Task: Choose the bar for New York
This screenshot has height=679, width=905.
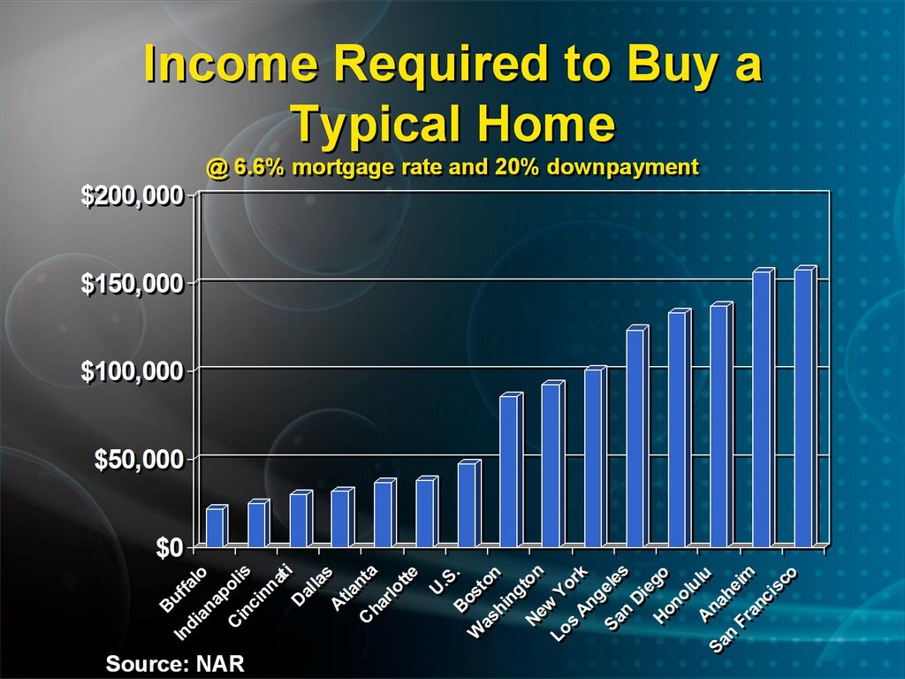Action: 596,456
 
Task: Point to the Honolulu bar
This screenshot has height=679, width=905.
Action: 721,424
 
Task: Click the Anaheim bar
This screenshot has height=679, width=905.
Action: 764,408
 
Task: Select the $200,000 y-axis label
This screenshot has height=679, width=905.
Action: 133,196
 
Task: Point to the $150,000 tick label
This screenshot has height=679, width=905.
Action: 133,284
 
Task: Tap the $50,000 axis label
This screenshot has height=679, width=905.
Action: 139,460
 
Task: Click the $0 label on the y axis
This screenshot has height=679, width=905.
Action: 169,547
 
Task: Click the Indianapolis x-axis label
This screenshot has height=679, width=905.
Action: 212,602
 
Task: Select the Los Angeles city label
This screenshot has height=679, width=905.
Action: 589,603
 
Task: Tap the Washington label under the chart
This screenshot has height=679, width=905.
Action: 505,601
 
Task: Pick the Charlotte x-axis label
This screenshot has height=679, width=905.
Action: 389,594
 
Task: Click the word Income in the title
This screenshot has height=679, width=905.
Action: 231,63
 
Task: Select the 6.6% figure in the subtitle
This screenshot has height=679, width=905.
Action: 259,167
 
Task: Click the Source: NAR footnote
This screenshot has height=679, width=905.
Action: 175,663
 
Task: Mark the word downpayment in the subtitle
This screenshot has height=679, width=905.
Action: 622,167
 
